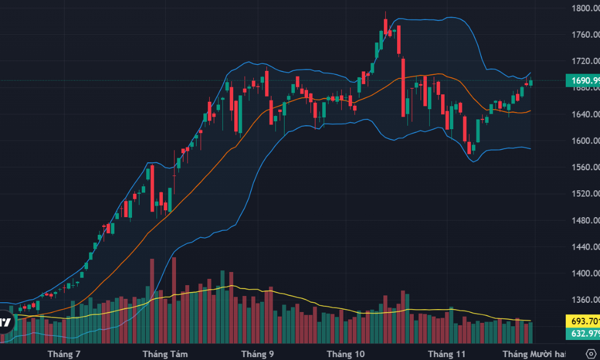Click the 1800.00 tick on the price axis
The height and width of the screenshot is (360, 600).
click(585, 9)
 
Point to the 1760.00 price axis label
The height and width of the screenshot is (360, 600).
click(585, 35)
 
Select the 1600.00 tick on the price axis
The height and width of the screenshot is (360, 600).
click(585, 141)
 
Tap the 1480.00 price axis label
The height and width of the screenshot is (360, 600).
click(585, 220)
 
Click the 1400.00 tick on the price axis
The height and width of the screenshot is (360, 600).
click(585, 273)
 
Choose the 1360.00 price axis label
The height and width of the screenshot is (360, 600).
click(585, 299)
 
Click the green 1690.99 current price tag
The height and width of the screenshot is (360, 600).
click(582, 81)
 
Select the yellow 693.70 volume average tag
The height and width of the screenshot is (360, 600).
click(582, 321)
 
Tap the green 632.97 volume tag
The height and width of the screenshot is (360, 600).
click(582, 333)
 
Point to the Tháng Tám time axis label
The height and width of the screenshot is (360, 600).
click(165, 354)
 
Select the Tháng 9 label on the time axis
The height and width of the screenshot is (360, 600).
click(258, 354)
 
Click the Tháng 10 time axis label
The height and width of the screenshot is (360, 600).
click(345, 354)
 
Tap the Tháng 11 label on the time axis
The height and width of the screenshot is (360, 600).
click(447, 354)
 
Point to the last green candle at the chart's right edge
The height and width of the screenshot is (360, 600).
click(531, 83)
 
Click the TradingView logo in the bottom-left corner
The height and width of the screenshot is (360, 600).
click(5, 322)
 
